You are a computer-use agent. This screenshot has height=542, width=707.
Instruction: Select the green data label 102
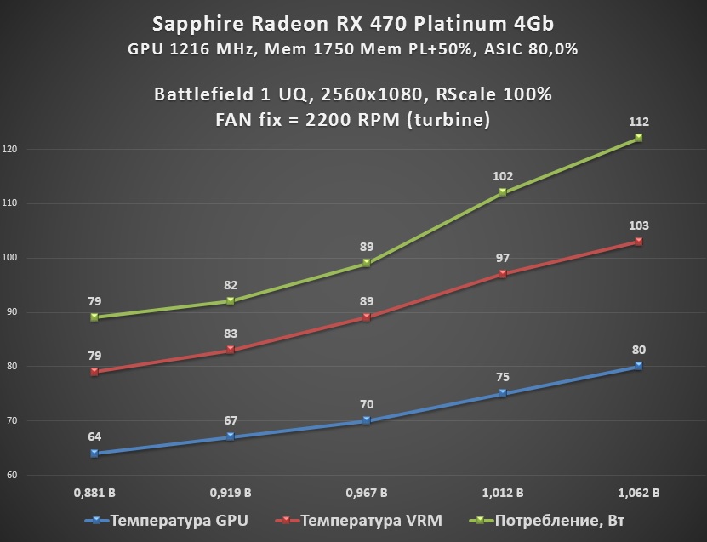[x=502, y=176]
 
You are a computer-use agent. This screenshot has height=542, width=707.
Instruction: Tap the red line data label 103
[x=638, y=225]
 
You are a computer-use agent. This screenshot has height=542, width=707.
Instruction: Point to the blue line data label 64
[x=94, y=437]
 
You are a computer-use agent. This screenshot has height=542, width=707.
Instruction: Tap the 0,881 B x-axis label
[x=94, y=493]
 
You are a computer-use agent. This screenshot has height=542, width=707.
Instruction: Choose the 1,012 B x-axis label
[x=502, y=493]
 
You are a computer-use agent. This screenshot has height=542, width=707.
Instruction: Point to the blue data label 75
[x=502, y=377]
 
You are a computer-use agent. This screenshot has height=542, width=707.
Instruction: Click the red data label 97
[x=502, y=258]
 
